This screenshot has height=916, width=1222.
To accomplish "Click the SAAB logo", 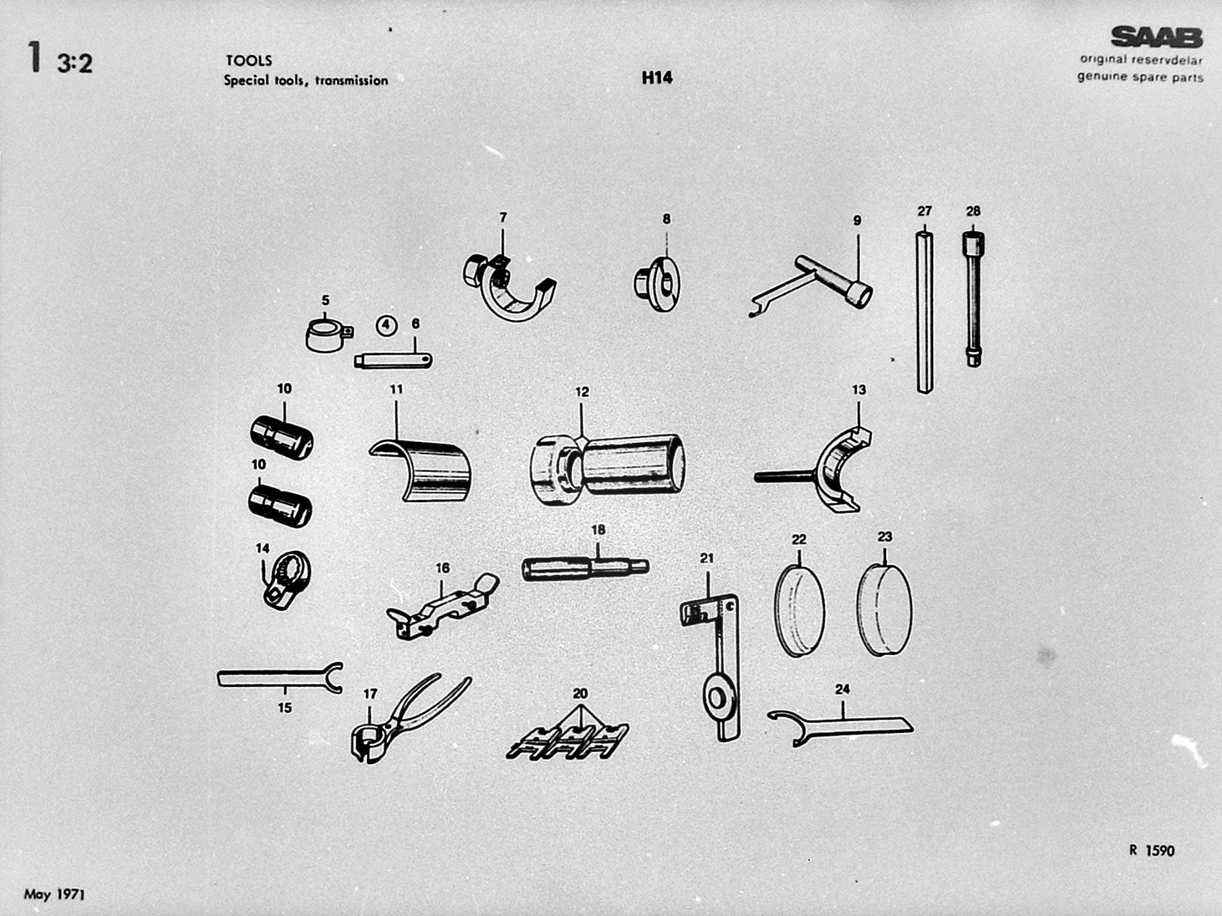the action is pos(1157,37).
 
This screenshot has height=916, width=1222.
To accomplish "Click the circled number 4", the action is pos(387,325).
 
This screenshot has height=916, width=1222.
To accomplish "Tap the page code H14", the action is pos(657,78).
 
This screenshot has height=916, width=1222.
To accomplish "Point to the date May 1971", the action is pos(54,894).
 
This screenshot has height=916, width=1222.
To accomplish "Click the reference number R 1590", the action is pos(1152,850).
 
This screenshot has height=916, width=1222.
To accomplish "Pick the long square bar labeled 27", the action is pos(924,312).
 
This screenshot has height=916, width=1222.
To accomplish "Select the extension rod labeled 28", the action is pos(974,299).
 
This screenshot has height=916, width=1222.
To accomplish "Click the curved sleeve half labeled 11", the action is pos(421,468).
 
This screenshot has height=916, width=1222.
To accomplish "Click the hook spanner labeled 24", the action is pos(841,727).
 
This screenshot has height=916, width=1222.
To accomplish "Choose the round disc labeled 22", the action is pos(800,611).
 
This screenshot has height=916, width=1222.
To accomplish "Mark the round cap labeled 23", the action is pos(885,609).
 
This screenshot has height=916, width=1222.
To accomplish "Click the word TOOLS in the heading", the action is pos(249,60).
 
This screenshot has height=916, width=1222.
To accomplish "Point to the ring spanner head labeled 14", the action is pos(286,579).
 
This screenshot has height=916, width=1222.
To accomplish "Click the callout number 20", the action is pos(580,693).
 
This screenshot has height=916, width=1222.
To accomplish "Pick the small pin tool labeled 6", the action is pos(393,360).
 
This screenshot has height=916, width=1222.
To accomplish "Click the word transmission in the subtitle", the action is pos(351,80).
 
